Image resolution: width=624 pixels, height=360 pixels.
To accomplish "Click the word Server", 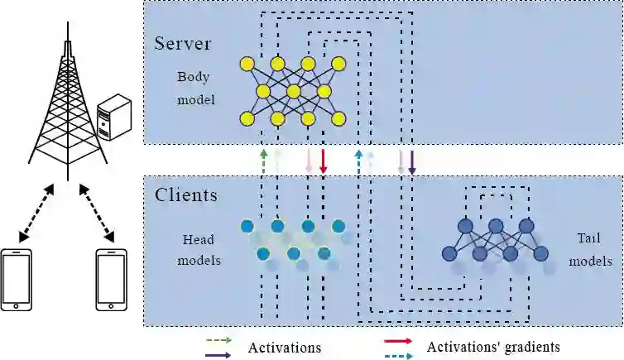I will coord(183,43).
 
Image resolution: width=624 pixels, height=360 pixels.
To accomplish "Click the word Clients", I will coord(186,196).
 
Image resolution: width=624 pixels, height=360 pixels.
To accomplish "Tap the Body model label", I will coord(195,89).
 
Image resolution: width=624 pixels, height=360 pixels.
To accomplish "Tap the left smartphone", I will coord(17,278).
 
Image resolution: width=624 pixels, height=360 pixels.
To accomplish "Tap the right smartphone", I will coord(111,278).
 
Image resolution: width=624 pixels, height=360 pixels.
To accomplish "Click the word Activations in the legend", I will coord(284,348).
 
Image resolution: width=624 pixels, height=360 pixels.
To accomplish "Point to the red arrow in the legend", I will coord(399,340).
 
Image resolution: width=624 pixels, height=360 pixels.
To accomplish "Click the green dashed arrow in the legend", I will coord(221,340).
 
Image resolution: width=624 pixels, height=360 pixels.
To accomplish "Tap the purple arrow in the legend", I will coord(221,354).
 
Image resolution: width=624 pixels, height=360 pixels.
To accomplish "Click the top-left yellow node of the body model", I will coord(247,64).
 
